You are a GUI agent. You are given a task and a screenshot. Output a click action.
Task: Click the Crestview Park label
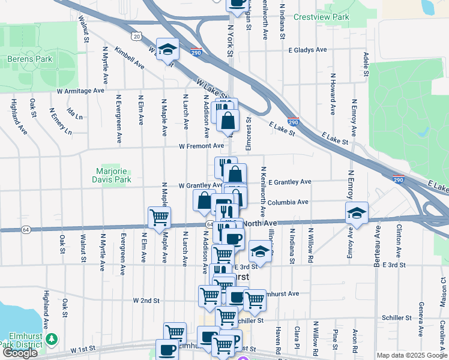tap(321, 17)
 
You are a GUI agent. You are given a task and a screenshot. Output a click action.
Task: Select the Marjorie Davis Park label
tap(112, 175)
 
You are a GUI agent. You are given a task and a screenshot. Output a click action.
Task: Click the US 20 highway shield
tap(137, 37)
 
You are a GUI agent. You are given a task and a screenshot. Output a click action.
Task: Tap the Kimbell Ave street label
tap(129, 57)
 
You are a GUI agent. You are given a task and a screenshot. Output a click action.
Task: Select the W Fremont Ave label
tap(201, 146)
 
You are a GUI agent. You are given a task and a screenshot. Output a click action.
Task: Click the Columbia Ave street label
tap(288, 202)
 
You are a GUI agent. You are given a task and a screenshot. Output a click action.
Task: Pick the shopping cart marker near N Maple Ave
tap(159, 217)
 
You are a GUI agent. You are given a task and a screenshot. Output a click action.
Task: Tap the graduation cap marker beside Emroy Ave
tap(357, 213)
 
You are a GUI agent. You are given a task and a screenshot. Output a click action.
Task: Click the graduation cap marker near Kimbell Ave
tap(167, 49)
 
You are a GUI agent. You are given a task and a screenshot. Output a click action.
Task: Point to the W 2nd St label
tap(146, 300)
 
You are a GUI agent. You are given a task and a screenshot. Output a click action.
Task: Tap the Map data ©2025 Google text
tap(411, 355)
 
